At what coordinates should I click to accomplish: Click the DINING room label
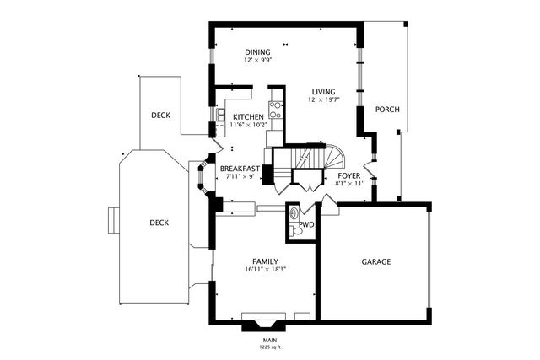257,52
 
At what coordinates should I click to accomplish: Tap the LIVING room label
324,92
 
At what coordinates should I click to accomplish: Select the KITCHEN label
248,117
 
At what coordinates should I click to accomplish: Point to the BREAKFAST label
240,169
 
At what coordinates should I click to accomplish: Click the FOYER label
349,176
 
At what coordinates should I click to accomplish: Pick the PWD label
306,225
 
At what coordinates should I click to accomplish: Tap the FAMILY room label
265,261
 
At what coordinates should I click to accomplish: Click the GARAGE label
376,262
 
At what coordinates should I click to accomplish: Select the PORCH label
387,110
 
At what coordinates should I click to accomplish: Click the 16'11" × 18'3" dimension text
266,270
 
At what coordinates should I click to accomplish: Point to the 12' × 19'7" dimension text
324,99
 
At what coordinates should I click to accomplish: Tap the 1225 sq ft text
270,347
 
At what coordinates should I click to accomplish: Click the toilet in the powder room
295,231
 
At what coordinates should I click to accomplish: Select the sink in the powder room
294,213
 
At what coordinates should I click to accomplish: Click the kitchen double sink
220,115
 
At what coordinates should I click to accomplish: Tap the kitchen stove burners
276,110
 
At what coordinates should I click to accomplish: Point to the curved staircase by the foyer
333,157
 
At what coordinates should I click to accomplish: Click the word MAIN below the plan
270,341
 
